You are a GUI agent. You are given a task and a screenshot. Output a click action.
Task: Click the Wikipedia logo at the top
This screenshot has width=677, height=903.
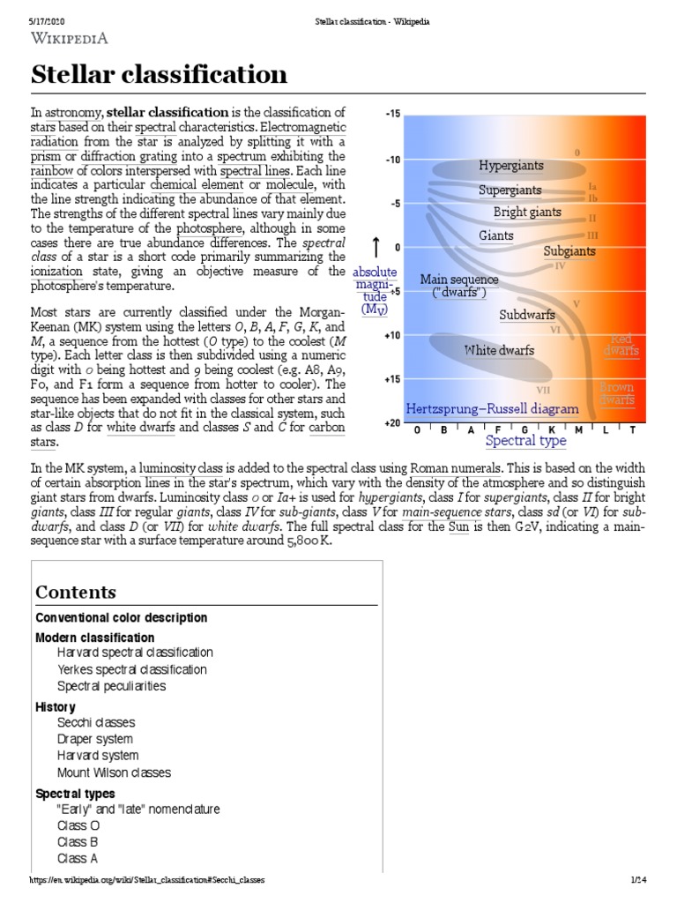click(71, 39)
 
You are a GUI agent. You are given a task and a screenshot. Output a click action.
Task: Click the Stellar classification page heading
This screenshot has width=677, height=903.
click(160, 75)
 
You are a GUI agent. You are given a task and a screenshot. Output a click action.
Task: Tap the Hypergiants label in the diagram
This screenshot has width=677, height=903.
click(511, 166)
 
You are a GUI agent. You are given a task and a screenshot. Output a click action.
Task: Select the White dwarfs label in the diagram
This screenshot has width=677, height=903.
click(499, 350)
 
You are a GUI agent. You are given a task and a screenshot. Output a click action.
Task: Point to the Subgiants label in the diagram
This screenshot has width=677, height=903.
click(569, 251)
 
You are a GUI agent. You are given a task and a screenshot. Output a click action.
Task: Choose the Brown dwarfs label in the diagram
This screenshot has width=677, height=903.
click(617, 393)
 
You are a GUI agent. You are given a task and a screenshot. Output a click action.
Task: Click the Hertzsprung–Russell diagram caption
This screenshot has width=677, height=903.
click(492, 409)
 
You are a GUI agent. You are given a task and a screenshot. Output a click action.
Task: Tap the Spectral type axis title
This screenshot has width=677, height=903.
click(526, 440)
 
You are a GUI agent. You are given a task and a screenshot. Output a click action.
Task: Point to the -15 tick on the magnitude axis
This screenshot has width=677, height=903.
click(392, 114)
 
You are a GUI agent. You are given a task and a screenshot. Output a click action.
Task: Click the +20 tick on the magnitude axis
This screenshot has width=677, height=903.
click(391, 423)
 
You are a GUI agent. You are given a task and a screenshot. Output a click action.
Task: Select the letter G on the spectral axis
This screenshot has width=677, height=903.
click(524, 429)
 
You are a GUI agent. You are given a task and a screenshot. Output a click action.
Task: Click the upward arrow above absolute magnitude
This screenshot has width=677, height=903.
click(376, 247)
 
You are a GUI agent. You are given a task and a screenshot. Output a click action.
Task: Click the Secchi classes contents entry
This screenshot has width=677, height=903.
click(95, 722)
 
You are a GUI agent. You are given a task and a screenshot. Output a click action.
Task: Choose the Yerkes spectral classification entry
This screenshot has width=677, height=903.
click(132, 669)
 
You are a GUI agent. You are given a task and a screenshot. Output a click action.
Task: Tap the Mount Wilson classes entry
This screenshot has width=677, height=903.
click(114, 772)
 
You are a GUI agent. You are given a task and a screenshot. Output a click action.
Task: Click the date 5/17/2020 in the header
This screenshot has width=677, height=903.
click(48, 21)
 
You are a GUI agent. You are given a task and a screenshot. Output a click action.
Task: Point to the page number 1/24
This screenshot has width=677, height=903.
click(639, 880)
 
